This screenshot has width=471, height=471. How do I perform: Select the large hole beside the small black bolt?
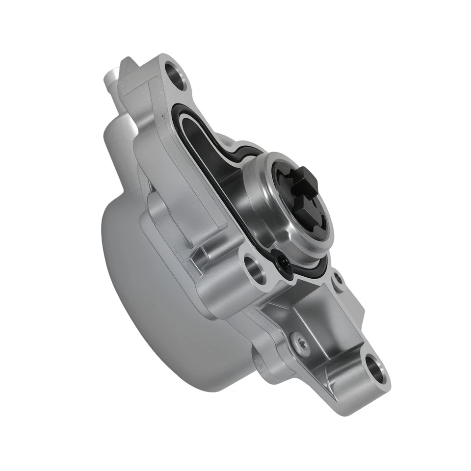click(x=255, y=267)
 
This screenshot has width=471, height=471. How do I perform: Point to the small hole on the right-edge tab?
click(x=338, y=279)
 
